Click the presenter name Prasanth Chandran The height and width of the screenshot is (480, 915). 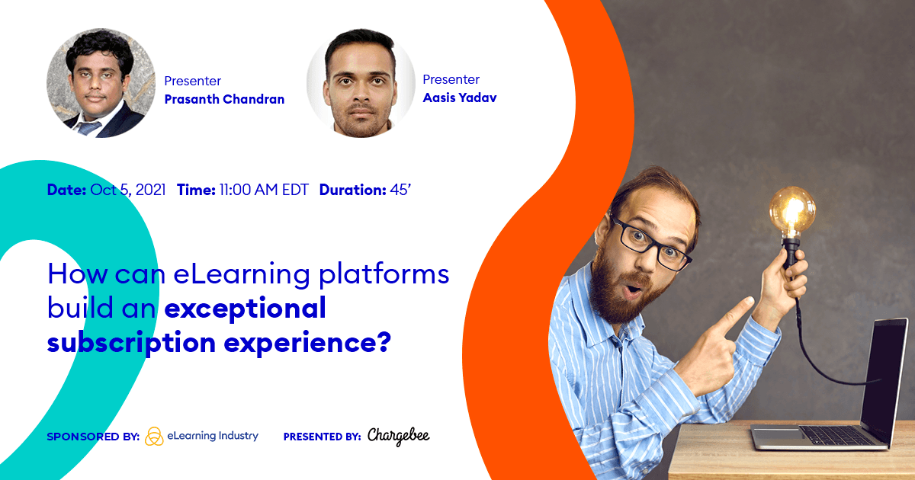[224, 100]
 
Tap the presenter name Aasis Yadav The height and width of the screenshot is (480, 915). [459, 98]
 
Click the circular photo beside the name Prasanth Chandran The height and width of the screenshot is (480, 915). [96, 84]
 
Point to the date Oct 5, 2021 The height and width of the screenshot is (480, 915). [127, 190]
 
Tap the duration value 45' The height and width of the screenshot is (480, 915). [400, 190]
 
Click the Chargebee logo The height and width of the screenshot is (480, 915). [398, 437]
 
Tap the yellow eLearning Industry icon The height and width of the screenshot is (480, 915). [154, 437]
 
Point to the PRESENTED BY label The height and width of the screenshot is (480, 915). [322, 437]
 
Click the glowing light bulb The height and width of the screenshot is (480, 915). [791, 210]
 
